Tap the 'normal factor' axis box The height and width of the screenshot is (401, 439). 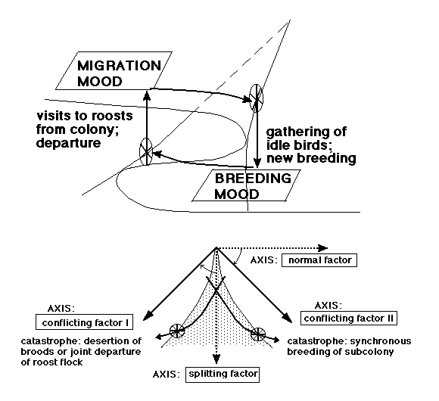click(x=319, y=260)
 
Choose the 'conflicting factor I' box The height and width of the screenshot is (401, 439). click(x=84, y=322)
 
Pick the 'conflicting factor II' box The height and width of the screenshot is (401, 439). click(x=349, y=319)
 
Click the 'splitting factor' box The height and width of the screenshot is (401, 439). click(x=223, y=375)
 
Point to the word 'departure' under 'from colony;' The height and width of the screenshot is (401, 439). click(x=69, y=143)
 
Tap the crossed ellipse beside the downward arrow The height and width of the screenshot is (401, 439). click(x=257, y=98)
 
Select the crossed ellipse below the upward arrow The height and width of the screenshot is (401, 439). click(x=146, y=151)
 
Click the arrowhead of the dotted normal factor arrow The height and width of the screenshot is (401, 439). click(x=323, y=248)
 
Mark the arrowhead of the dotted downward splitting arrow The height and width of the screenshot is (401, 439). click(x=216, y=359)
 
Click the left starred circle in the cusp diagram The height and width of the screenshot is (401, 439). click(x=177, y=331)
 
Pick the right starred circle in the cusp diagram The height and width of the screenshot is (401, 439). click(x=258, y=334)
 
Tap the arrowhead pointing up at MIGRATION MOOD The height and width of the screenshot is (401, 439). click(x=147, y=95)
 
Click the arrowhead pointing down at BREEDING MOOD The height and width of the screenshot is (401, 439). click(x=257, y=163)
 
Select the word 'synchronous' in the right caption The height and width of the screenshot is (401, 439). click(x=381, y=341)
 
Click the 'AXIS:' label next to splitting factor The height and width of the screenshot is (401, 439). click(x=167, y=375)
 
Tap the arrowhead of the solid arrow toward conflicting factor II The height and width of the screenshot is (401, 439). click(x=287, y=318)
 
